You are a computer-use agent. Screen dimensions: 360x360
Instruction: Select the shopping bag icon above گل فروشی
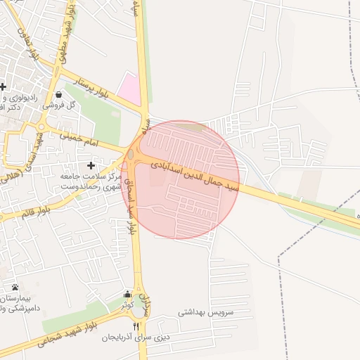pos(58,93)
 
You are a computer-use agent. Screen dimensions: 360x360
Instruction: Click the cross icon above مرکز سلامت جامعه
pos(90,164)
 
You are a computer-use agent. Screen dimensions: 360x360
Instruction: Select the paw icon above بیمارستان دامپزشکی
pos(15,287)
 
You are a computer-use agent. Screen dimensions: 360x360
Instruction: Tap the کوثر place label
pos(127,305)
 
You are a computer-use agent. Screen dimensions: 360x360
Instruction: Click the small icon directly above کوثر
pos(127,294)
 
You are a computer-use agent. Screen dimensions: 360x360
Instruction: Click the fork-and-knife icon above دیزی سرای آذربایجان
pos(136,326)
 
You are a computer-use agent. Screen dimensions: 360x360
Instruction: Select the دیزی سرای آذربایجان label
pos(136,337)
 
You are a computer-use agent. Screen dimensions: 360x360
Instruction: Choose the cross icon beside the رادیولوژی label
pos(4,86)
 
